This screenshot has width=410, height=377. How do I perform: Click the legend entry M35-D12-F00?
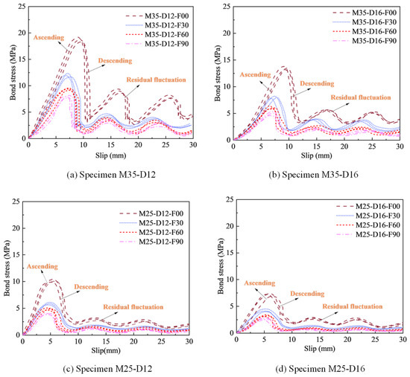(x=166, y=16)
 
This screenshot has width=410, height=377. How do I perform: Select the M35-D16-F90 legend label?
(x=374, y=41)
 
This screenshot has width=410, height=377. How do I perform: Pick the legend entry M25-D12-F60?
(x=161, y=232)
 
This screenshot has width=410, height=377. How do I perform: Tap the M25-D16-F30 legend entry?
(x=378, y=216)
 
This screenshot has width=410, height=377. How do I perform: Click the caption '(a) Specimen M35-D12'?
(x=111, y=175)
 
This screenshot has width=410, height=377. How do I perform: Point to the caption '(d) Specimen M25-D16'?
(x=320, y=369)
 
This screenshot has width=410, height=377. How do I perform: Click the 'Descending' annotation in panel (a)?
(x=115, y=61)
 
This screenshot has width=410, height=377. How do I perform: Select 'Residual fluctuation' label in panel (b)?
(x=361, y=97)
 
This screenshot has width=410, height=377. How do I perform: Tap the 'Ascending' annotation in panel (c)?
(x=42, y=266)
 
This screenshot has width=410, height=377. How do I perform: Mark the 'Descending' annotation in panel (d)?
(x=307, y=294)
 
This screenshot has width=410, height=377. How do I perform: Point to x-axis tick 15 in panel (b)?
(x=316, y=146)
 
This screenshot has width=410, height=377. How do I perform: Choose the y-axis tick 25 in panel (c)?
(x=16, y=202)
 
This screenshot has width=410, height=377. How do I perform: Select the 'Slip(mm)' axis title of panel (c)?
(x=106, y=350)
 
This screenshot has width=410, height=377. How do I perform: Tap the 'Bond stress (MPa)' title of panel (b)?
(x=218, y=74)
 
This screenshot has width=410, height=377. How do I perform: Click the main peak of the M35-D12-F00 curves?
(x=78, y=38)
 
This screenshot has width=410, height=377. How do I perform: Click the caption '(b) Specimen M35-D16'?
(x=313, y=175)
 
